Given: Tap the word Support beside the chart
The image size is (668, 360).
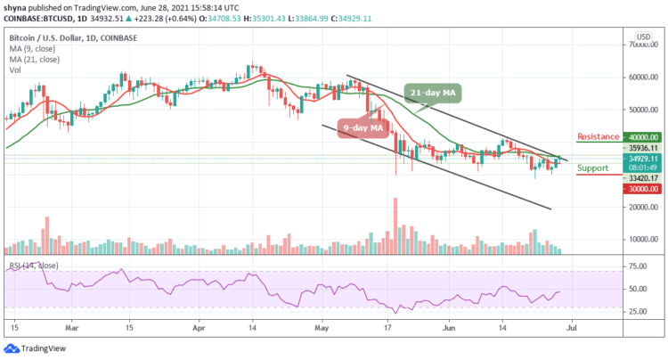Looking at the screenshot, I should pos(593,168).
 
